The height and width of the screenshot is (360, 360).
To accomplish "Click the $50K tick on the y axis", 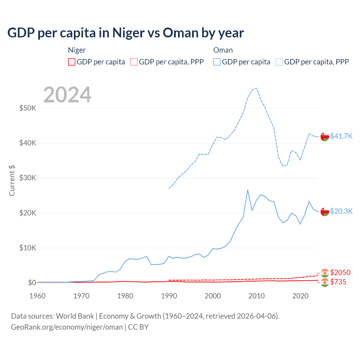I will click(28, 108).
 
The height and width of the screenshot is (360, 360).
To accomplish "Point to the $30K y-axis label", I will click(28, 178).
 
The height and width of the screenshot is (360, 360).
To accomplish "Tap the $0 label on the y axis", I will click(32, 283).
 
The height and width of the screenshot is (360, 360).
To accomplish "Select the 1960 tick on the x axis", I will click(37, 296).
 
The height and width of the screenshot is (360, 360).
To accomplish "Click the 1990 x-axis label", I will click(169, 296).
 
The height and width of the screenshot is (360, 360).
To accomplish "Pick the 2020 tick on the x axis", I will click(300, 296).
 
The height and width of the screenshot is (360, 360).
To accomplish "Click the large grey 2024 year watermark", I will click(67, 95).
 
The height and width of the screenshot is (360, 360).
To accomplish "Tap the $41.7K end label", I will click(341, 136).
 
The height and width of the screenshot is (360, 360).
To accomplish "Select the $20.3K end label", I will click(341, 211).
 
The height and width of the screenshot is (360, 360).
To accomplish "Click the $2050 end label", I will click(340, 273).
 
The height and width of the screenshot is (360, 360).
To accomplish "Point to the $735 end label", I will click(338, 282).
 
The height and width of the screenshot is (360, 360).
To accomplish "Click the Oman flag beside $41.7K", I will click(325, 136).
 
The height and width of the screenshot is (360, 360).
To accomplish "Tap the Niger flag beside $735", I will click(325, 282).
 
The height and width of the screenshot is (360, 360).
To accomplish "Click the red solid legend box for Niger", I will click(72, 62).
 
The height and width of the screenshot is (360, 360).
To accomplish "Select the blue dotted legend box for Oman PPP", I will click(279, 62).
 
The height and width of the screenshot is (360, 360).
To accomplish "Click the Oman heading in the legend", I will click(223, 50).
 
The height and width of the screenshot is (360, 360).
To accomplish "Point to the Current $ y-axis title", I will click(12, 181).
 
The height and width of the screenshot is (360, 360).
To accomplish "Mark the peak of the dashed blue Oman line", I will click(256, 88).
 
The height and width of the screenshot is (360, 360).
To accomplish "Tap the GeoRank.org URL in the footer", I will click(67, 327).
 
